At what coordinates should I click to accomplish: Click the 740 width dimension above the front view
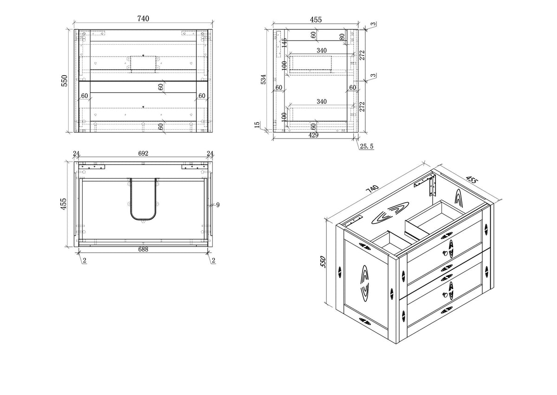pos(143,19)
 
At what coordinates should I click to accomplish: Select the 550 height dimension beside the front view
pos(65,81)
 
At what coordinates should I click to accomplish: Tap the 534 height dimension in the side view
pos(263,79)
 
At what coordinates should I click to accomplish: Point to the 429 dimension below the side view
pos(313,135)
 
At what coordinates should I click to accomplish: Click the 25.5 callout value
pos(367,146)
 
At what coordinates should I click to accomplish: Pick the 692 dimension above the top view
pos(143,153)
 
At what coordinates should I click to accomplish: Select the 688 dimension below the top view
pos(143,249)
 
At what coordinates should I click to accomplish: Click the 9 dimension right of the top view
pos(218,205)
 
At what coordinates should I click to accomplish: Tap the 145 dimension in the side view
pos(285,43)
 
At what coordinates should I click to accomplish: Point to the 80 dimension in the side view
pos(342,37)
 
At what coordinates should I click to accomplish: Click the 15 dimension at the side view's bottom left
pos(257,125)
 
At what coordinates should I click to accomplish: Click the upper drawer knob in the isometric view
pos(445,253)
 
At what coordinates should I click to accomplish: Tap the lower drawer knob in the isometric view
pos(445,295)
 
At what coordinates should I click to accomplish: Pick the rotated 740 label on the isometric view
pos(372,189)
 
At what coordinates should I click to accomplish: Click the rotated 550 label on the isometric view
pos(323,262)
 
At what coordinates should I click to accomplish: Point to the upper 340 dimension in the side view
pos(322,51)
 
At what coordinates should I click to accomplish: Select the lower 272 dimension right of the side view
pos(362,106)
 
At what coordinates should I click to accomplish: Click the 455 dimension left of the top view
pos(64,204)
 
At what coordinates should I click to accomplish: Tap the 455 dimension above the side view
pos(316,20)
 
